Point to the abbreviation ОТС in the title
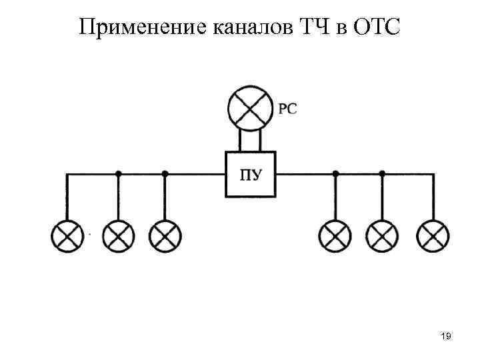coord(377,28)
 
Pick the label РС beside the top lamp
coord(287,109)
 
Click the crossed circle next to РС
coord(250,109)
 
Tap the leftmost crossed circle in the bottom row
coord(67,235)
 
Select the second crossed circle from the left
coord(119,235)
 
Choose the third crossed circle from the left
coord(165,235)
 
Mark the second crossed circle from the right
coord(382,235)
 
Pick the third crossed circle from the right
coord(335,235)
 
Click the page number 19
coord(446,338)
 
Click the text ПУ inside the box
coord(250,176)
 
